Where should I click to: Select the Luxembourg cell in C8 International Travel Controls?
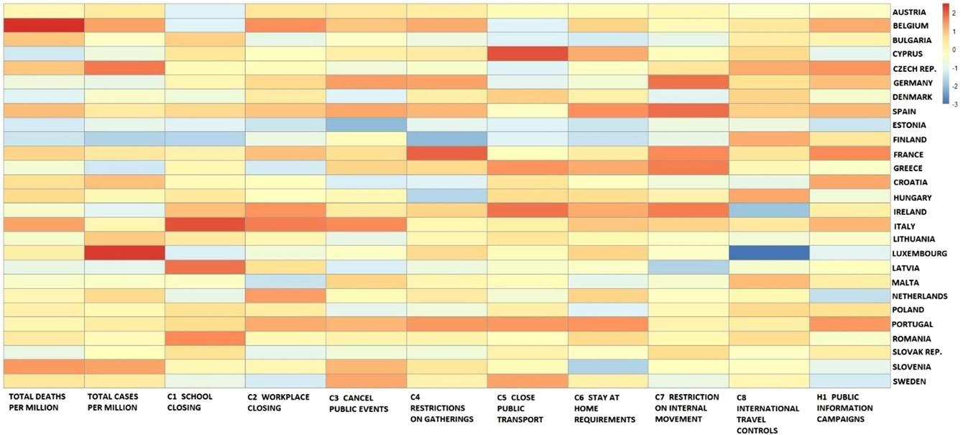[769, 253]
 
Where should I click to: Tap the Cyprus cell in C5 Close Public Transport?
[527, 54]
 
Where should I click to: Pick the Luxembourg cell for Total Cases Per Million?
[125, 253]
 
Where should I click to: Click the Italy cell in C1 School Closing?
[206, 225]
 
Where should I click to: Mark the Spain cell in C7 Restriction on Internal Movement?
[688, 111]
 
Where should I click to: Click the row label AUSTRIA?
[909, 12]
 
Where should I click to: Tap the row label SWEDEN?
[908, 382]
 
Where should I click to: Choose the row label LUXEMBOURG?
[920, 254]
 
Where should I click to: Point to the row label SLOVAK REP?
[917, 353]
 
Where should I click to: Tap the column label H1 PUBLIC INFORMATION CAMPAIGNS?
[844, 408]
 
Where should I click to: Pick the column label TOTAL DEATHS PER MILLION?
[37, 403]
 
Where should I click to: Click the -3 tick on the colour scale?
[955, 105]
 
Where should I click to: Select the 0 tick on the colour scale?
[955, 50]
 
